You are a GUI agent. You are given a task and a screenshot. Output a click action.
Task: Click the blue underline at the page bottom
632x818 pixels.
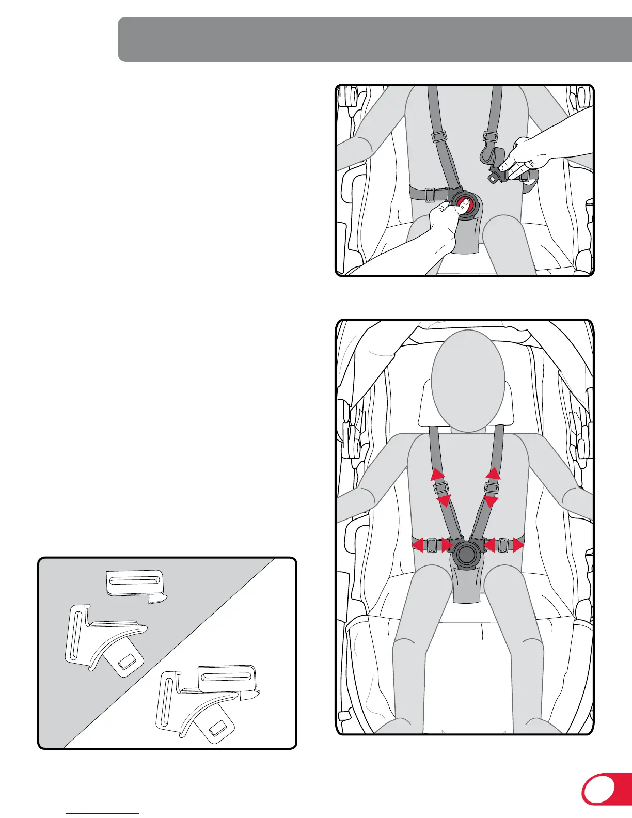[x=102, y=814]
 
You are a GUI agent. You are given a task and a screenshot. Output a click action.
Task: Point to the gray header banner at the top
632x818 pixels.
[x=374, y=39]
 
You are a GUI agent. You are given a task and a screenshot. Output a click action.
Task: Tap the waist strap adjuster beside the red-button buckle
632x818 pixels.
[x=429, y=195]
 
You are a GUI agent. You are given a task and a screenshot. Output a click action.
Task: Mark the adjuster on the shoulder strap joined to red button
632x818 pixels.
[x=439, y=137]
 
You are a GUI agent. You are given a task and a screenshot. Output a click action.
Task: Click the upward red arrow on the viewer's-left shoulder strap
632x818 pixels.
[x=438, y=474]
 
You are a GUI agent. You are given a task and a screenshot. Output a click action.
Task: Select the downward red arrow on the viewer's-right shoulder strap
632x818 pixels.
[x=491, y=501]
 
